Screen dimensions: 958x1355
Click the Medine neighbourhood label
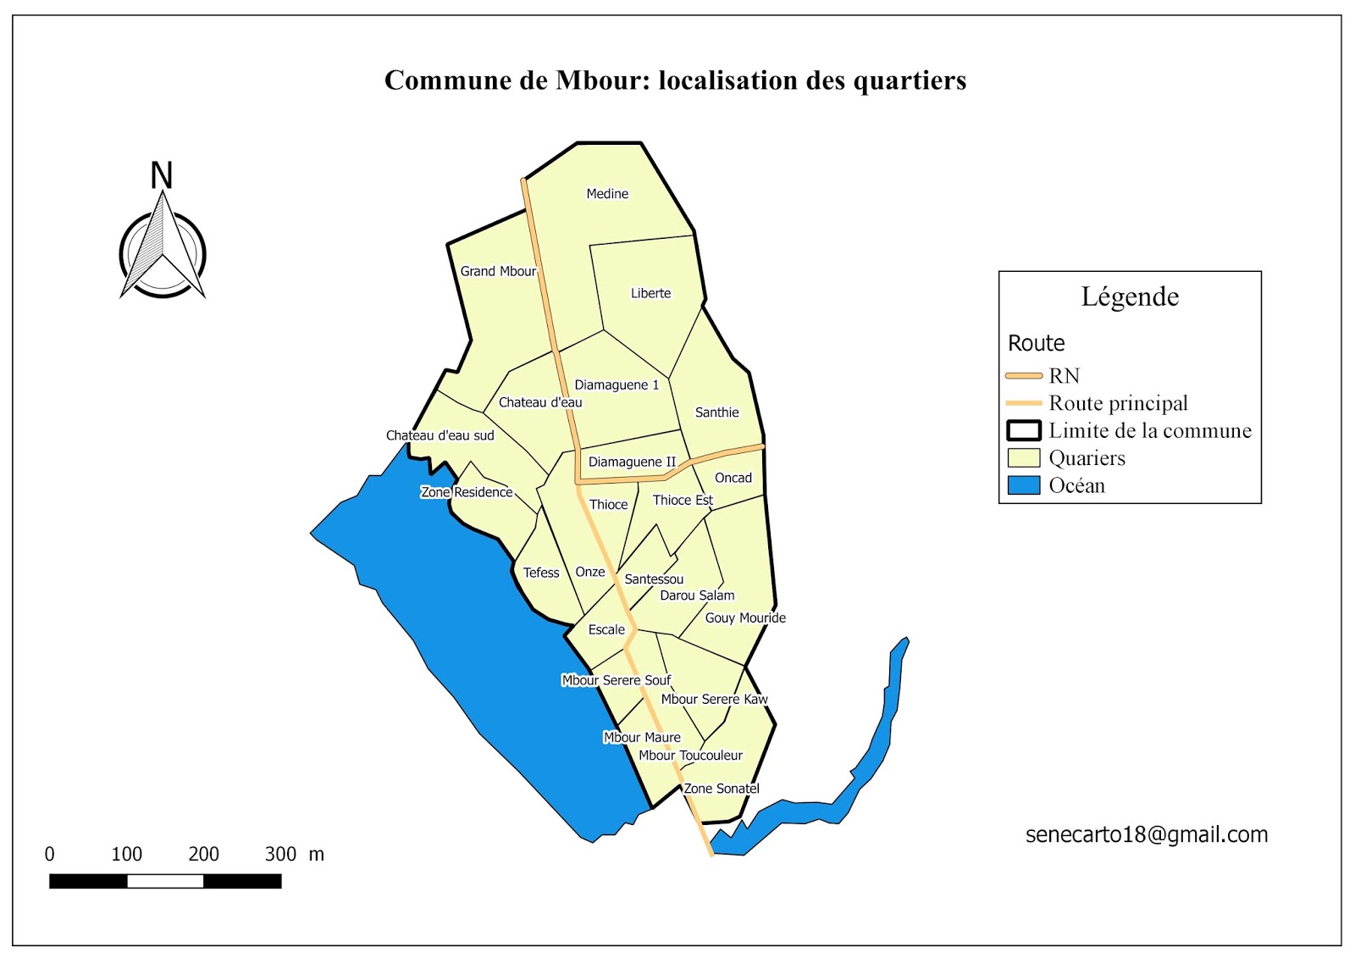pos(607,194)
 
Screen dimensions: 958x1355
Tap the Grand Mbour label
pos(498,271)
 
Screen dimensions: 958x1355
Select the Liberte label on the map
pos(650,293)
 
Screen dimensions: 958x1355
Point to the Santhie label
pos(716,413)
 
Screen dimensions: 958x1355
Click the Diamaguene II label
pos(632,462)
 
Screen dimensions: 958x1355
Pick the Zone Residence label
pos(467,492)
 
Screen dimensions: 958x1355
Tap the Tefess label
pos(541,573)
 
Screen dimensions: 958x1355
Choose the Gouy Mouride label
pos(745,617)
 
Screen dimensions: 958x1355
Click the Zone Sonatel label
pos(722,789)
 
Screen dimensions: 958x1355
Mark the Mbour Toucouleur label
pos(690,756)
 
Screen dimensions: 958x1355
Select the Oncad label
pos(733,478)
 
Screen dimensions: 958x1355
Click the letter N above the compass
pos(161,175)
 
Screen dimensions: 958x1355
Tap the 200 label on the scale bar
pos(203,854)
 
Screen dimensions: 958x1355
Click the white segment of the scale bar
pos(165,882)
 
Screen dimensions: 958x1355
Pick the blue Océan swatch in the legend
pos(1023,485)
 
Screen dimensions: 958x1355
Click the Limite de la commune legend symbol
pos(1023,430)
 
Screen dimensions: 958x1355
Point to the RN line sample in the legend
pos(1023,375)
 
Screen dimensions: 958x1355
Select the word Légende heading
pos(1130,296)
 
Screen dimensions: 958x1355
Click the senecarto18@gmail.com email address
pos(1147,834)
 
